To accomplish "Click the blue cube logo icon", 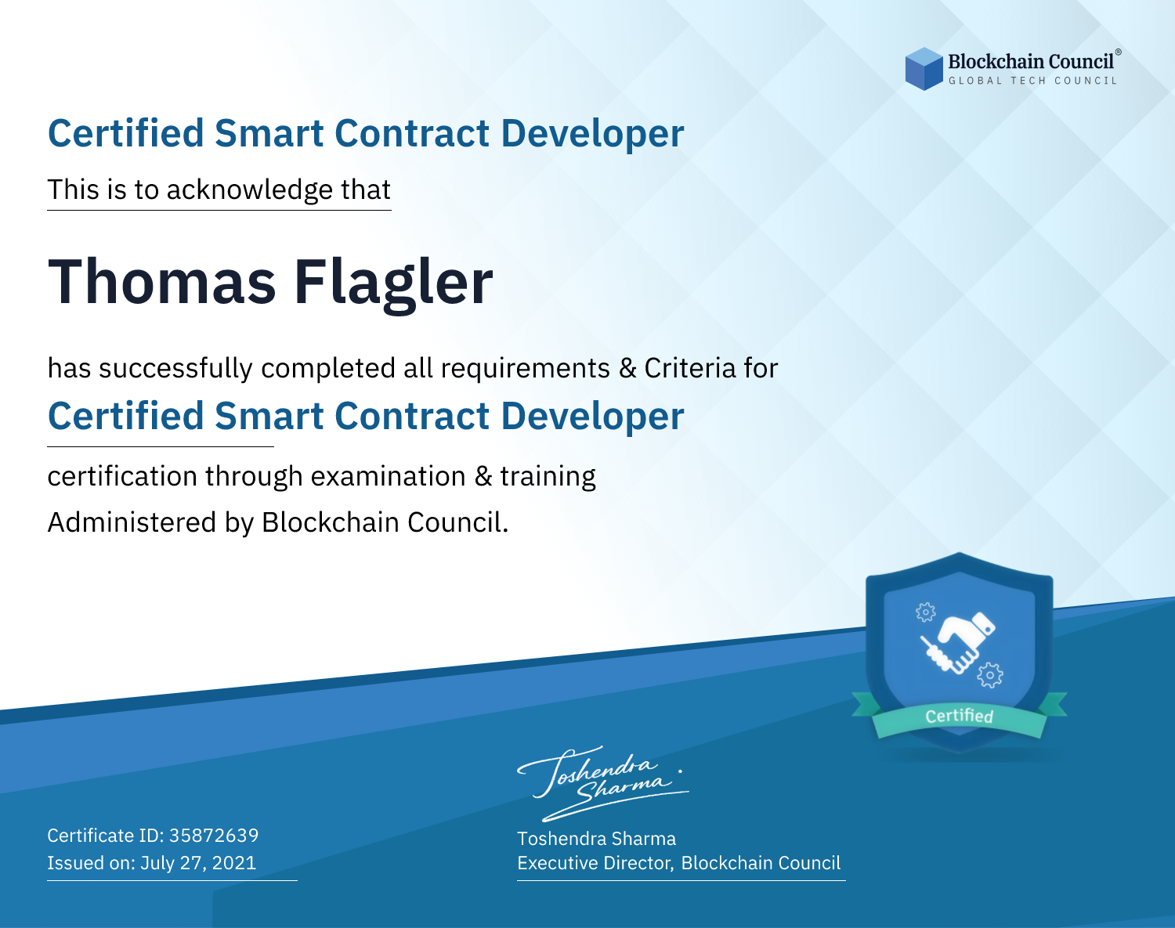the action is point(924,69).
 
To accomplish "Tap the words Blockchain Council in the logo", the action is point(1031,62).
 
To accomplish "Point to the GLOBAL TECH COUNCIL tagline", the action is point(1032,81).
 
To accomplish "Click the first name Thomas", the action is point(161,282).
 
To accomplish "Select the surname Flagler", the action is point(394,283).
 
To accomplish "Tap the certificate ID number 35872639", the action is point(214,835).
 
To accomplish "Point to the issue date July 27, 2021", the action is point(198,862).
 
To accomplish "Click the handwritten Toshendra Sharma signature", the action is point(603,783).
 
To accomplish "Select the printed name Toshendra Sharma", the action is point(596,839).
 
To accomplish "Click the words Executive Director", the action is point(594,863).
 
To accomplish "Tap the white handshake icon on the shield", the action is point(958,644).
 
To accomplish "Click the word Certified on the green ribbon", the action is point(960,717).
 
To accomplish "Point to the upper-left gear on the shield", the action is point(925,612).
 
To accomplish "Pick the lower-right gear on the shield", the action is point(990,675).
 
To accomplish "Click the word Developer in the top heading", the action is point(592,134).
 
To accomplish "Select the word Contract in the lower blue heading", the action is point(412,416).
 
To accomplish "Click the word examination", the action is point(389,476).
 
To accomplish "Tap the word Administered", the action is point(132,522).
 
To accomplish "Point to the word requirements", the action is point(526,369).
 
